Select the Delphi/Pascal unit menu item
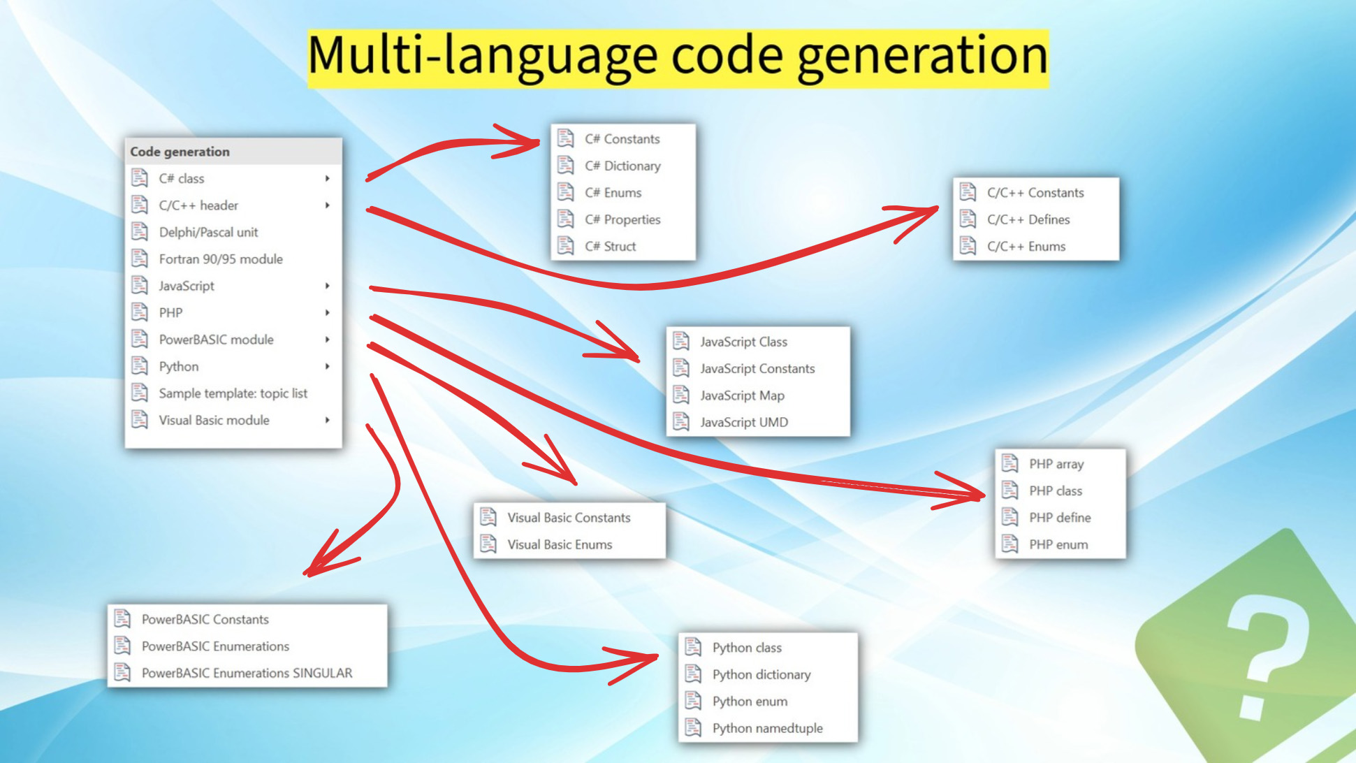[208, 232]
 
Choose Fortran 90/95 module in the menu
[221, 259]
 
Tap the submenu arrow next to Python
[327, 366]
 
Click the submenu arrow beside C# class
[327, 178]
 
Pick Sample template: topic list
[233, 393]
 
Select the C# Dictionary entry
[622, 166]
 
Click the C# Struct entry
[611, 246]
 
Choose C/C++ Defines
[1028, 219]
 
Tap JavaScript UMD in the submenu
[744, 422]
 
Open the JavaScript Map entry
[742, 395]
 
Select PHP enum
[1058, 544]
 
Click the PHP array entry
[1056, 464]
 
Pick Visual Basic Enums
[560, 544]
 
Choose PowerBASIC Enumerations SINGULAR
[247, 673]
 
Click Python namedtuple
[767, 728]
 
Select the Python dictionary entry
[761, 674]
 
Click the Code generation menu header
[180, 152]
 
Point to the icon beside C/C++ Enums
[968, 246]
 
